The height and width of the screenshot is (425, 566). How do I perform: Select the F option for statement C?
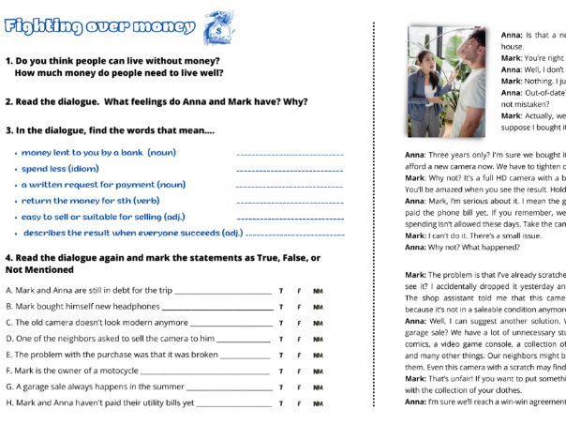point(299,323)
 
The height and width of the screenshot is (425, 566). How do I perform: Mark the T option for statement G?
point(281,387)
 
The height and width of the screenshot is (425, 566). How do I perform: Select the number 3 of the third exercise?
point(8,131)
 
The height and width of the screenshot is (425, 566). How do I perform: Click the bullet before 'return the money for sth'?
point(16,201)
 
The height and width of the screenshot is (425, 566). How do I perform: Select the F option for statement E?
point(299,355)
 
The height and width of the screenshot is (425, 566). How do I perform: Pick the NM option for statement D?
point(318,339)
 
